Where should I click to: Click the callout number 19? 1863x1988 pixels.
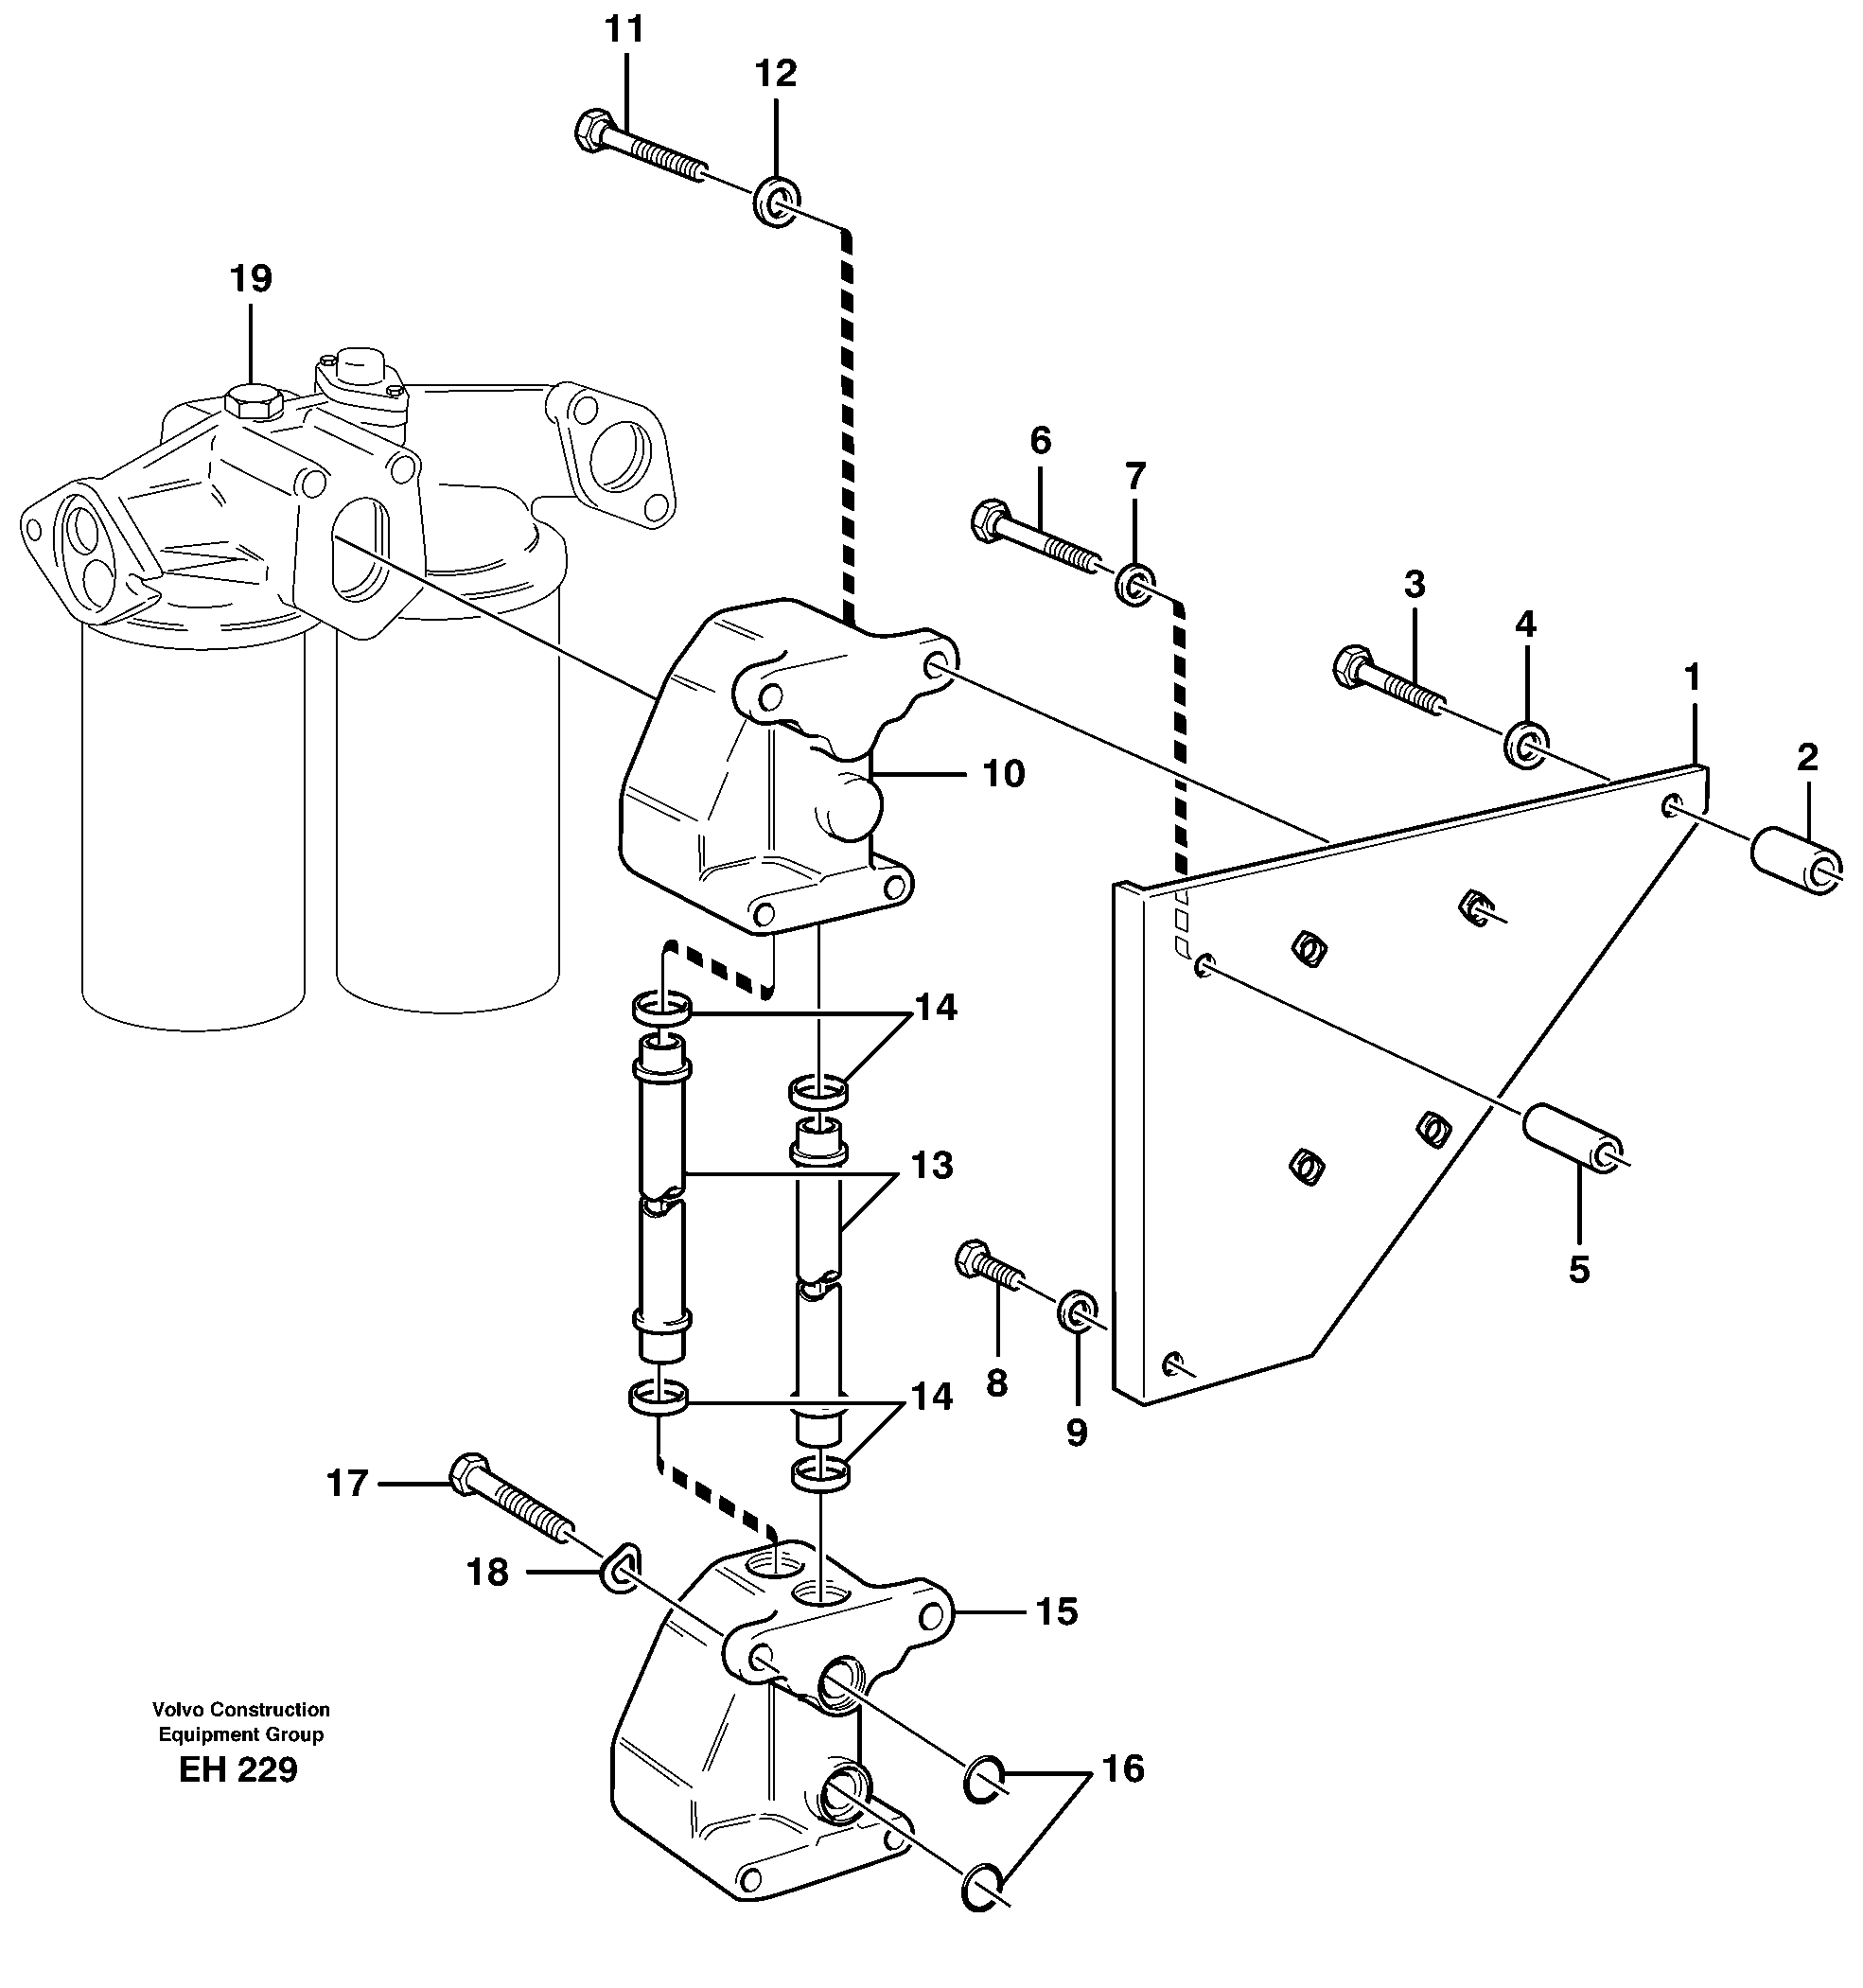[251, 278]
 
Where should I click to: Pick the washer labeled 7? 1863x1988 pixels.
[1135, 584]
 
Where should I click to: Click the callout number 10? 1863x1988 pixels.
[1003, 774]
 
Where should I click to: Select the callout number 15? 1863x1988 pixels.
[1056, 1611]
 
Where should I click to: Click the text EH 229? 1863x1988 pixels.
[238, 1770]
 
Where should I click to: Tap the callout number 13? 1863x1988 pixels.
[931, 1165]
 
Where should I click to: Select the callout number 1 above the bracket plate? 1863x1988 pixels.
[1691, 678]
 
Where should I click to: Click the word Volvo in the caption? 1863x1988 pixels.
[177, 1709]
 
